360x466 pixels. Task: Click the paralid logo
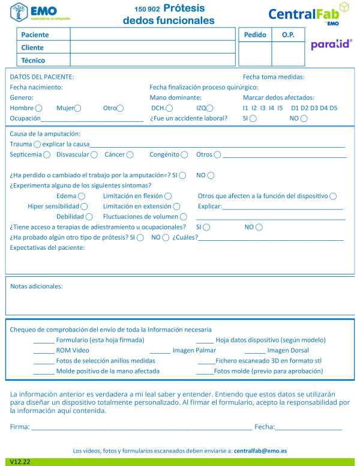[x=331, y=44]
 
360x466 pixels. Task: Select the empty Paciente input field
[x=152, y=34]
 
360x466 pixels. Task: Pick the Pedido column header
[x=255, y=35]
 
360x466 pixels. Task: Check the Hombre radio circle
[x=39, y=108]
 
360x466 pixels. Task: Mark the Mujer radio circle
[x=77, y=108]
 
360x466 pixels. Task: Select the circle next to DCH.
[x=170, y=108]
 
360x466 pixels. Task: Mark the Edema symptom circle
[x=82, y=196]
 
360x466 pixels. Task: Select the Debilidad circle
[x=89, y=217]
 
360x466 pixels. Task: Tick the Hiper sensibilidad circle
[x=83, y=207]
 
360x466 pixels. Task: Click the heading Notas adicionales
[x=37, y=286]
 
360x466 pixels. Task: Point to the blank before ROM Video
[x=44, y=350]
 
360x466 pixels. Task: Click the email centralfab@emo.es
[x=260, y=450]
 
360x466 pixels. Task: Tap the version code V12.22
[x=20, y=462]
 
